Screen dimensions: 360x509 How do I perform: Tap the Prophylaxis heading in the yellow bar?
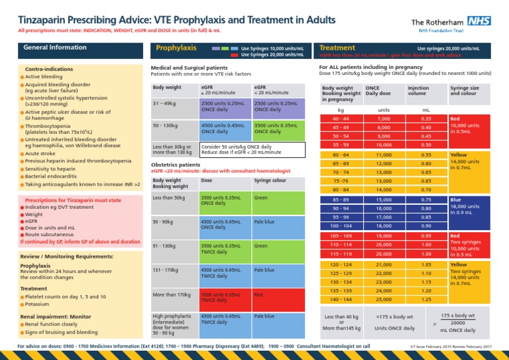(176, 48)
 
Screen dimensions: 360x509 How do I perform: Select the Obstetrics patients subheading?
(176, 164)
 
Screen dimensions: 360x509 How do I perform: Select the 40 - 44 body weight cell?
(341, 118)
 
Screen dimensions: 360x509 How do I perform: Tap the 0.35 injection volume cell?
(426, 118)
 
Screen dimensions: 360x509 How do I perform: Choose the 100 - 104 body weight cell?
(341, 225)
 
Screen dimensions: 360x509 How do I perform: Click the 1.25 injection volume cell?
(426, 299)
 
